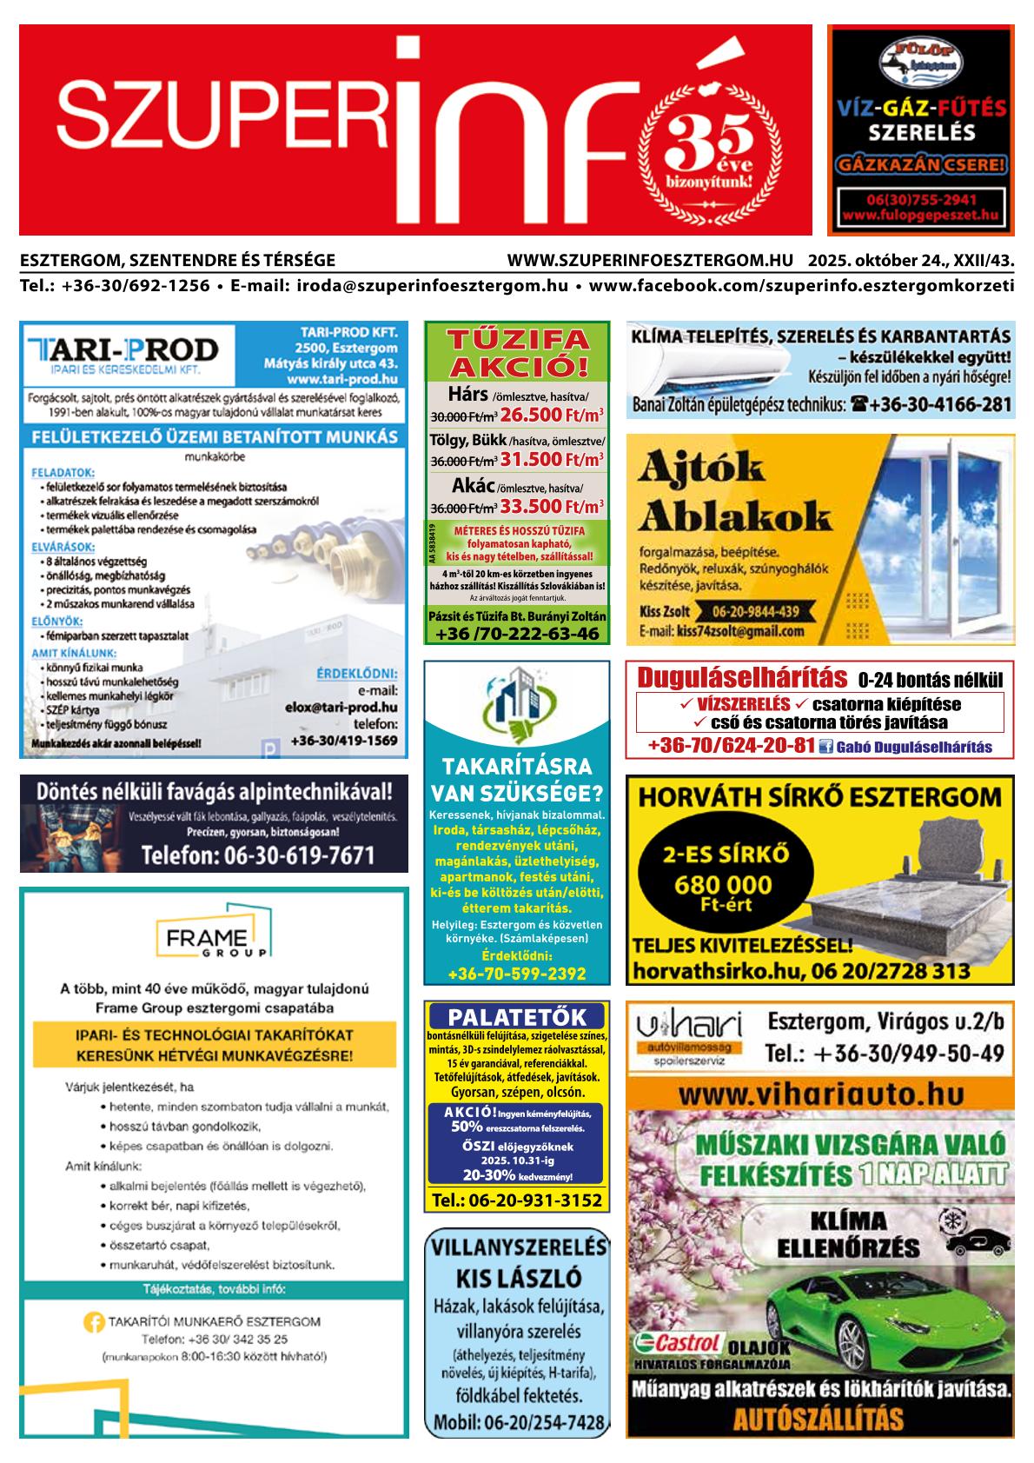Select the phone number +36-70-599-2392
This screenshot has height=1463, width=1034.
coord(516,974)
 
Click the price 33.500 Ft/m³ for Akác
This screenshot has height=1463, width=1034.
coord(552,505)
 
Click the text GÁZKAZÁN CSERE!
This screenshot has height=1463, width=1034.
coord(921,163)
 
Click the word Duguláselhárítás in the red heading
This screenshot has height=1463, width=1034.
coord(742,677)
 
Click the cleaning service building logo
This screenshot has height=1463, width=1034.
coord(516,699)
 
